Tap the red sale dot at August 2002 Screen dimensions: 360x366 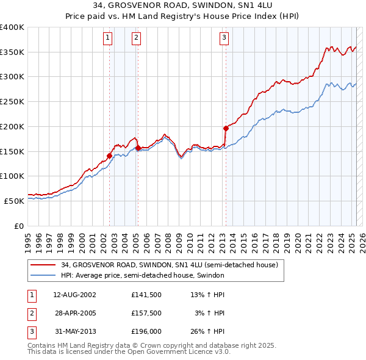click(110, 156)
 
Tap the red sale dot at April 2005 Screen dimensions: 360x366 click(138, 148)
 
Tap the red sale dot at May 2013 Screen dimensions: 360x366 click(226, 128)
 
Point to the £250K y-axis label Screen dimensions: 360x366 click(12, 101)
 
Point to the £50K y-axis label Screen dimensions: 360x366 click(15, 200)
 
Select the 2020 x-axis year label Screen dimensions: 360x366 click(297, 237)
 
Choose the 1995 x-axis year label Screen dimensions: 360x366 click(28, 237)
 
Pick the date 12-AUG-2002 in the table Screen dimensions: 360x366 click(75, 295)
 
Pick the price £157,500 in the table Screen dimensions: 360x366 click(146, 313)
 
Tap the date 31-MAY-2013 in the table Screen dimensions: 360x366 click(75, 331)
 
